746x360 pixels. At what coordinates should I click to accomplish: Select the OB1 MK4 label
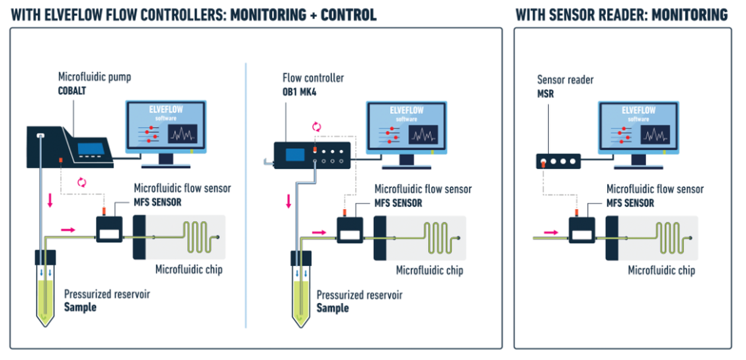pos(299,91)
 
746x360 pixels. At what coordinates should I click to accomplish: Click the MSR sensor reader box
pos(558,161)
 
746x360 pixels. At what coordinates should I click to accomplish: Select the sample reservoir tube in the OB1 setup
pos(302,291)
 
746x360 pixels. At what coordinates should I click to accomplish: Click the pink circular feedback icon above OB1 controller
pos(315,126)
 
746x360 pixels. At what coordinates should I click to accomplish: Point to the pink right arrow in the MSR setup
pos(550,232)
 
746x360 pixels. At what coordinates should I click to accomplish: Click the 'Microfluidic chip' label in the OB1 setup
pos(429,270)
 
